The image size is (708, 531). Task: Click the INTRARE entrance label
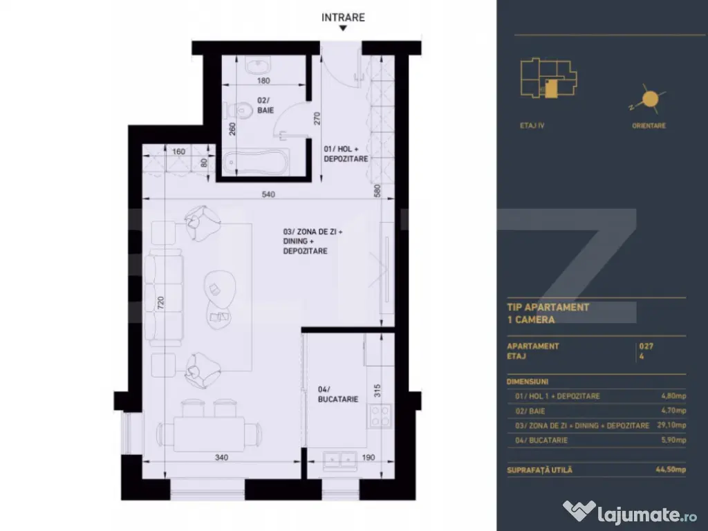click(x=343, y=17)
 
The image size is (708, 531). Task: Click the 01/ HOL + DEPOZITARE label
click(x=346, y=153)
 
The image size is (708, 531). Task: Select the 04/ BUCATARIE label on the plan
click(x=337, y=394)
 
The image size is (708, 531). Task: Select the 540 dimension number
click(x=268, y=194)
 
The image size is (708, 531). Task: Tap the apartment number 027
click(x=646, y=346)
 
